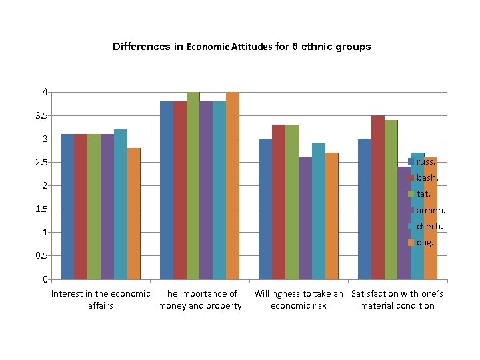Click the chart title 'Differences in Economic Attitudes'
241,47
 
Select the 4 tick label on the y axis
45,91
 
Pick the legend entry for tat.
424,194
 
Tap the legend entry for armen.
429,210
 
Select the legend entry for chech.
429,226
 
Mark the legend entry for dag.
425,242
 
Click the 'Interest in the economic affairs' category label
101,299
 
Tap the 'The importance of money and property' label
199,299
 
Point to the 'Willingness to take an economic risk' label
299,299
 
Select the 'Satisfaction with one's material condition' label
397,299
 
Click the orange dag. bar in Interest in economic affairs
133,213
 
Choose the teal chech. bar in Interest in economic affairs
121,204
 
